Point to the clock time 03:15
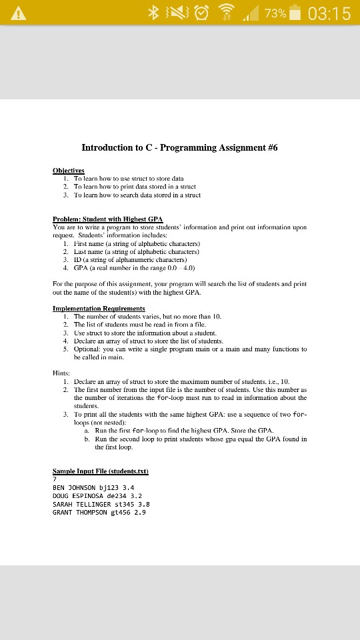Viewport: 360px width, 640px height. point(328,13)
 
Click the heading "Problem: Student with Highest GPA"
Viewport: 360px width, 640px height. point(108,219)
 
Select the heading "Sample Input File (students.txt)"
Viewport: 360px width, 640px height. point(100,471)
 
